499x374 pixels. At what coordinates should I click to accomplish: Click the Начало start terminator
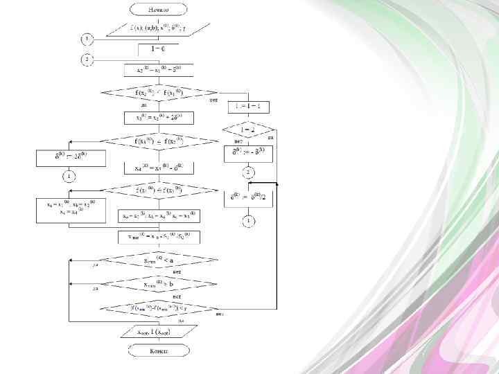click(158, 10)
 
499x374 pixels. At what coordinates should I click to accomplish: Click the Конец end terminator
click(158, 350)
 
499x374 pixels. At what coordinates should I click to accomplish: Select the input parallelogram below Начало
click(158, 29)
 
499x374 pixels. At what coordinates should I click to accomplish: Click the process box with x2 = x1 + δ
click(158, 70)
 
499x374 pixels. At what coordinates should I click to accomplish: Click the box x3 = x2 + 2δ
click(158, 118)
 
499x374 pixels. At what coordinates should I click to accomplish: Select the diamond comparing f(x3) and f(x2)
click(158, 141)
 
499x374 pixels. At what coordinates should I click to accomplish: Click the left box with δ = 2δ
click(71, 158)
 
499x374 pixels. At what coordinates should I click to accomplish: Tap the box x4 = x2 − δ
click(158, 167)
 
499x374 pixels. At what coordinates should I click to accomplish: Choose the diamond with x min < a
click(158, 261)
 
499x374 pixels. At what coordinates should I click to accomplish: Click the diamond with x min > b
click(158, 285)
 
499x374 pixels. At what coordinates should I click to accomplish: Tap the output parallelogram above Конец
click(158, 332)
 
